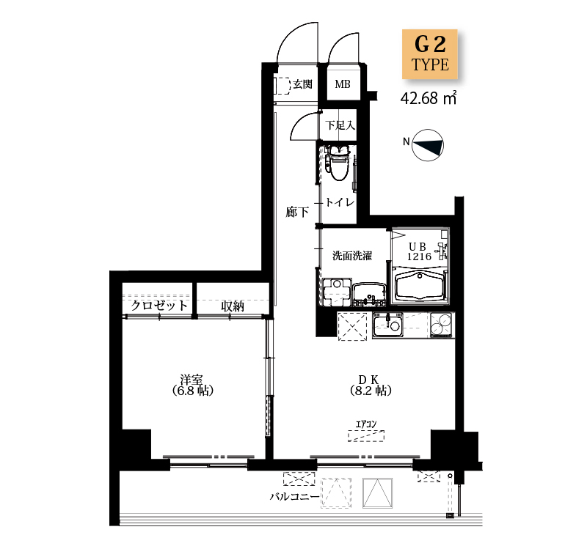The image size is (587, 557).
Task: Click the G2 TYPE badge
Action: pos(430,54)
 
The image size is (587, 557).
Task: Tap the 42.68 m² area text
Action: pos(429,98)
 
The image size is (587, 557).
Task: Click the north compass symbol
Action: pos(428,145)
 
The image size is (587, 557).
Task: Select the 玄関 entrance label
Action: pos(302,84)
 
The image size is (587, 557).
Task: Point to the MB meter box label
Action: pos(343,84)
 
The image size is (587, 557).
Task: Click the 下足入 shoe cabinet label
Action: pos(340,125)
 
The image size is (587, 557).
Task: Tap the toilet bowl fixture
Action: pos(338,163)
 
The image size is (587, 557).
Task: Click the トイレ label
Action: pos(340,202)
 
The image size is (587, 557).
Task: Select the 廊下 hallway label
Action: pos(297,213)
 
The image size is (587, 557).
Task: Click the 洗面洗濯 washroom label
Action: pos(352,256)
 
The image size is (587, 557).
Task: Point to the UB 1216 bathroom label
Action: pos(419,251)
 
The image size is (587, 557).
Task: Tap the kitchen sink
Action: pos(387,325)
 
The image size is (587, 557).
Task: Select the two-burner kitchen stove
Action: pos(442,325)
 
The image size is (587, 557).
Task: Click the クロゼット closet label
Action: pos(158,306)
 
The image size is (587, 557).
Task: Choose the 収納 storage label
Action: pos(233,306)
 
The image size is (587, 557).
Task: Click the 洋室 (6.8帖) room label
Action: pos(193,385)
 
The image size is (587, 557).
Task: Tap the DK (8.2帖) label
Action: pos(371,385)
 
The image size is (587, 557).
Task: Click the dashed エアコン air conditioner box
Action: pos(366,436)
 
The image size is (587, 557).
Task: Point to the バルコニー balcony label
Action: pos(295,497)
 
